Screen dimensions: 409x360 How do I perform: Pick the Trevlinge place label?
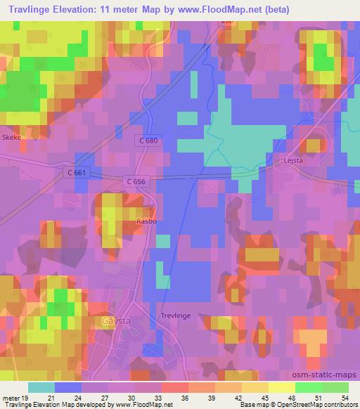(x=176, y=316)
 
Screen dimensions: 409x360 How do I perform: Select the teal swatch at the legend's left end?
(x=41, y=387)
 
